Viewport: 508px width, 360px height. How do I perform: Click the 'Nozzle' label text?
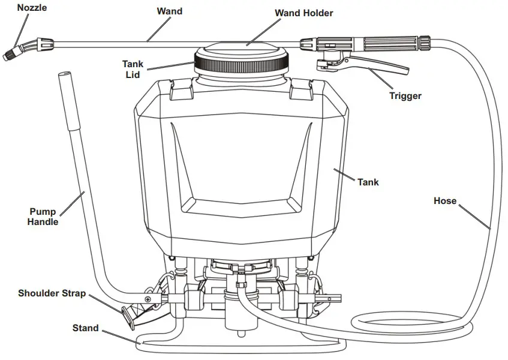[x=32, y=8]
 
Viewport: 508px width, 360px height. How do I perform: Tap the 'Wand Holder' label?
[x=303, y=13]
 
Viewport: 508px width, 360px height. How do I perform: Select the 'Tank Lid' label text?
[x=133, y=68]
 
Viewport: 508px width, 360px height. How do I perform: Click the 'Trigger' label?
[x=405, y=95]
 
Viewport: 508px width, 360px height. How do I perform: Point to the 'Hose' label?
[x=444, y=201]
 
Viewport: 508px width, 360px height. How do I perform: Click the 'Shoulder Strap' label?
[x=52, y=293]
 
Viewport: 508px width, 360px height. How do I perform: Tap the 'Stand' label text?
[x=85, y=328]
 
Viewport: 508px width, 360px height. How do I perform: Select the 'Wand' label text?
[x=170, y=11]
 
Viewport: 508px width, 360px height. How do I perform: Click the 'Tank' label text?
[x=368, y=182]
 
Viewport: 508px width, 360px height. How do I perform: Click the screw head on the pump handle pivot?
[x=146, y=299]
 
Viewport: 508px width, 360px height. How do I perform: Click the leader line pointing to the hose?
[x=475, y=217]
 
